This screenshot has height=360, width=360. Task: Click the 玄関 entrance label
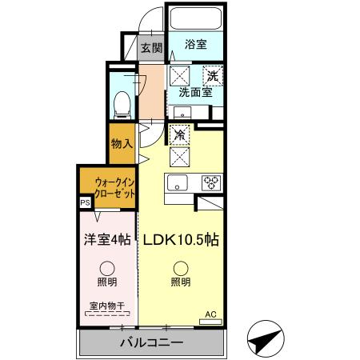[151, 46]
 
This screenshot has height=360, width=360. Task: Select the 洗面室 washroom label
[194, 92]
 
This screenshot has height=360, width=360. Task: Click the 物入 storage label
[122, 145]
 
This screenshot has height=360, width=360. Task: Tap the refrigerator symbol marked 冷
[181, 135]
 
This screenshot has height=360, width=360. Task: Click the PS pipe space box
[85, 203]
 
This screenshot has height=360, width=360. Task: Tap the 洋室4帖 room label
[106, 238]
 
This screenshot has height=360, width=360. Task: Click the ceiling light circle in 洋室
[106, 268]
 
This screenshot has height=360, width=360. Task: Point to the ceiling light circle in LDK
[180, 268]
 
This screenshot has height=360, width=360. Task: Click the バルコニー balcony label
[151, 342]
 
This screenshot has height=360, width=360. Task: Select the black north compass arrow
[265, 340]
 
